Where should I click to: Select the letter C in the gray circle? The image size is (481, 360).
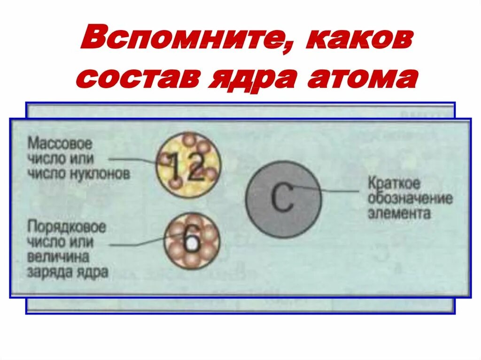click(x=282, y=199)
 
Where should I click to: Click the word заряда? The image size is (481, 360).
click(x=50, y=272)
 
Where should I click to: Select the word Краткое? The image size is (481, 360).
click(x=394, y=183)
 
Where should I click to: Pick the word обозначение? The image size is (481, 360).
click(x=410, y=198)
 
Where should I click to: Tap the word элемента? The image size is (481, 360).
click(x=399, y=213)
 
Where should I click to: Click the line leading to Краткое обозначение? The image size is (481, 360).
click(x=338, y=191)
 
